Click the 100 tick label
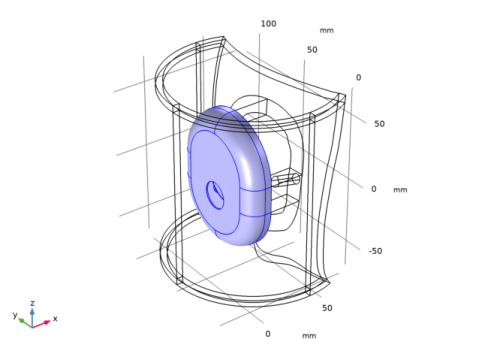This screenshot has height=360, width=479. (268, 24)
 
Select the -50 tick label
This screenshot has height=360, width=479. (375, 251)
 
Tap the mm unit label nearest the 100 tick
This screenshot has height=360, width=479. (326, 30)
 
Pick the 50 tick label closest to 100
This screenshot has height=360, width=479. (312, 50)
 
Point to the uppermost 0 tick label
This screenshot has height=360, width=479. (358, 77)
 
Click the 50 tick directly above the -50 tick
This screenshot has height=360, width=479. (379, 124)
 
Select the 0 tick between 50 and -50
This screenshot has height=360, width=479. (374, 189)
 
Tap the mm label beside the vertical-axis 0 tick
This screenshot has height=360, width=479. (400, 190)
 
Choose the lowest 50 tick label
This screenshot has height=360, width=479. (327, 308)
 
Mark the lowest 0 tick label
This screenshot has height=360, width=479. (268, 334)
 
